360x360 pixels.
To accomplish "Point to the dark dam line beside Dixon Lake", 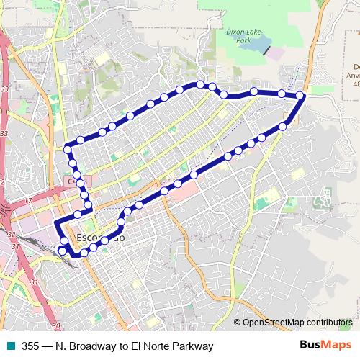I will (x=268, y=50).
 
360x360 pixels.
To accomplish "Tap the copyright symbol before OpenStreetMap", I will (x=238, y=323).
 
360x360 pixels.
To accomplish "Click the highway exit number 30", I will (x=56, y=325).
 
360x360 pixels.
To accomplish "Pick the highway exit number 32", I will (x=11, y=235).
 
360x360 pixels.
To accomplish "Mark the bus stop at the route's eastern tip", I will (x=300, y=95).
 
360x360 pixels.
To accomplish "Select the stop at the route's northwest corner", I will (x=68, y=150).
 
